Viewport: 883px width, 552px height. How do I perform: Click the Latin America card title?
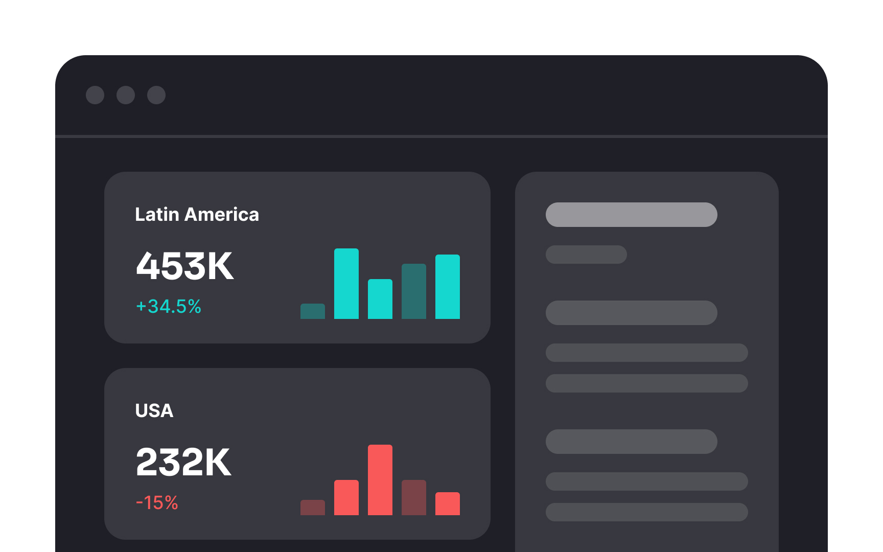[197, 215]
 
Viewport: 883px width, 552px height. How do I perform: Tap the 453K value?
[184, 266]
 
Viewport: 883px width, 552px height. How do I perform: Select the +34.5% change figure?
[169, 307]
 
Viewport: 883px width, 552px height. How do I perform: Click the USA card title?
[154, 411]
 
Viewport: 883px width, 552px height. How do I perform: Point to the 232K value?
[183, 463]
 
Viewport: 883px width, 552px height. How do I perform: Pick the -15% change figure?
[157, 503]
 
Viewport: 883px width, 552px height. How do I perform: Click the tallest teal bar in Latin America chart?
[346, 284]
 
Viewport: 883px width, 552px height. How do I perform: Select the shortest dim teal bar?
[312, 311]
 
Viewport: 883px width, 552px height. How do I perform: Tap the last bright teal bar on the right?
[447, 287]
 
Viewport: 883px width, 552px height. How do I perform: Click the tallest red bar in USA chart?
[380, 479]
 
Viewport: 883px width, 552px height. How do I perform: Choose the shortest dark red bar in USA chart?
[312, 508]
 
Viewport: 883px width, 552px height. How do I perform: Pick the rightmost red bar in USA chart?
[447, 503]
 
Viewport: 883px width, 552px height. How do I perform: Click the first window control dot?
[95, 95]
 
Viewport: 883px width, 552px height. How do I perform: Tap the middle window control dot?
[126, 95]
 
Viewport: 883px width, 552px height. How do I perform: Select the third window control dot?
[156, 95]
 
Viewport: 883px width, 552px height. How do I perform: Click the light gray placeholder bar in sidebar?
[631, 215]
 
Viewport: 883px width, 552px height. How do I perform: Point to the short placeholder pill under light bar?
[586, 255]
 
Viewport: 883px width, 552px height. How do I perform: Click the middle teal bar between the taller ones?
[380, 299]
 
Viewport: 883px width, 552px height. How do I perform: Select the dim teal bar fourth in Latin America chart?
[413, 291]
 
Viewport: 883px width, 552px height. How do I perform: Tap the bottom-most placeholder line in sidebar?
[646, 512]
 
